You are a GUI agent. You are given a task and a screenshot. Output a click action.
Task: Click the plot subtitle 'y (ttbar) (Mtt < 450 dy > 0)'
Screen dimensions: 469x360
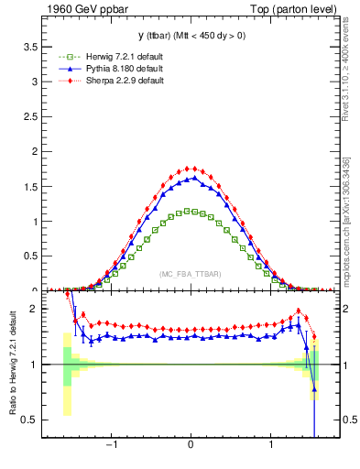(190, 36)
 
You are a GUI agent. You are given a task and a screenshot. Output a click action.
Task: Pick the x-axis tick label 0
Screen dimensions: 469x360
(191, 448)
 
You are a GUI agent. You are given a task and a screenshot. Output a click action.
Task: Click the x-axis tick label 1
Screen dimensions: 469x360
(271, 448)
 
